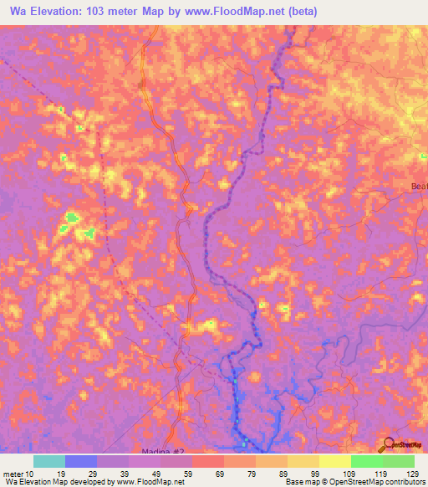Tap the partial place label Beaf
point(419,187)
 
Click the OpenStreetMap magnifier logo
point(388,446)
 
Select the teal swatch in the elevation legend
point(49,461)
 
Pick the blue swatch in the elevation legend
point(81,461)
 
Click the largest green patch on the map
point(72,219)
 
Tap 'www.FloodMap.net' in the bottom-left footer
point(150,482)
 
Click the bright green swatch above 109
point(366,461)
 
